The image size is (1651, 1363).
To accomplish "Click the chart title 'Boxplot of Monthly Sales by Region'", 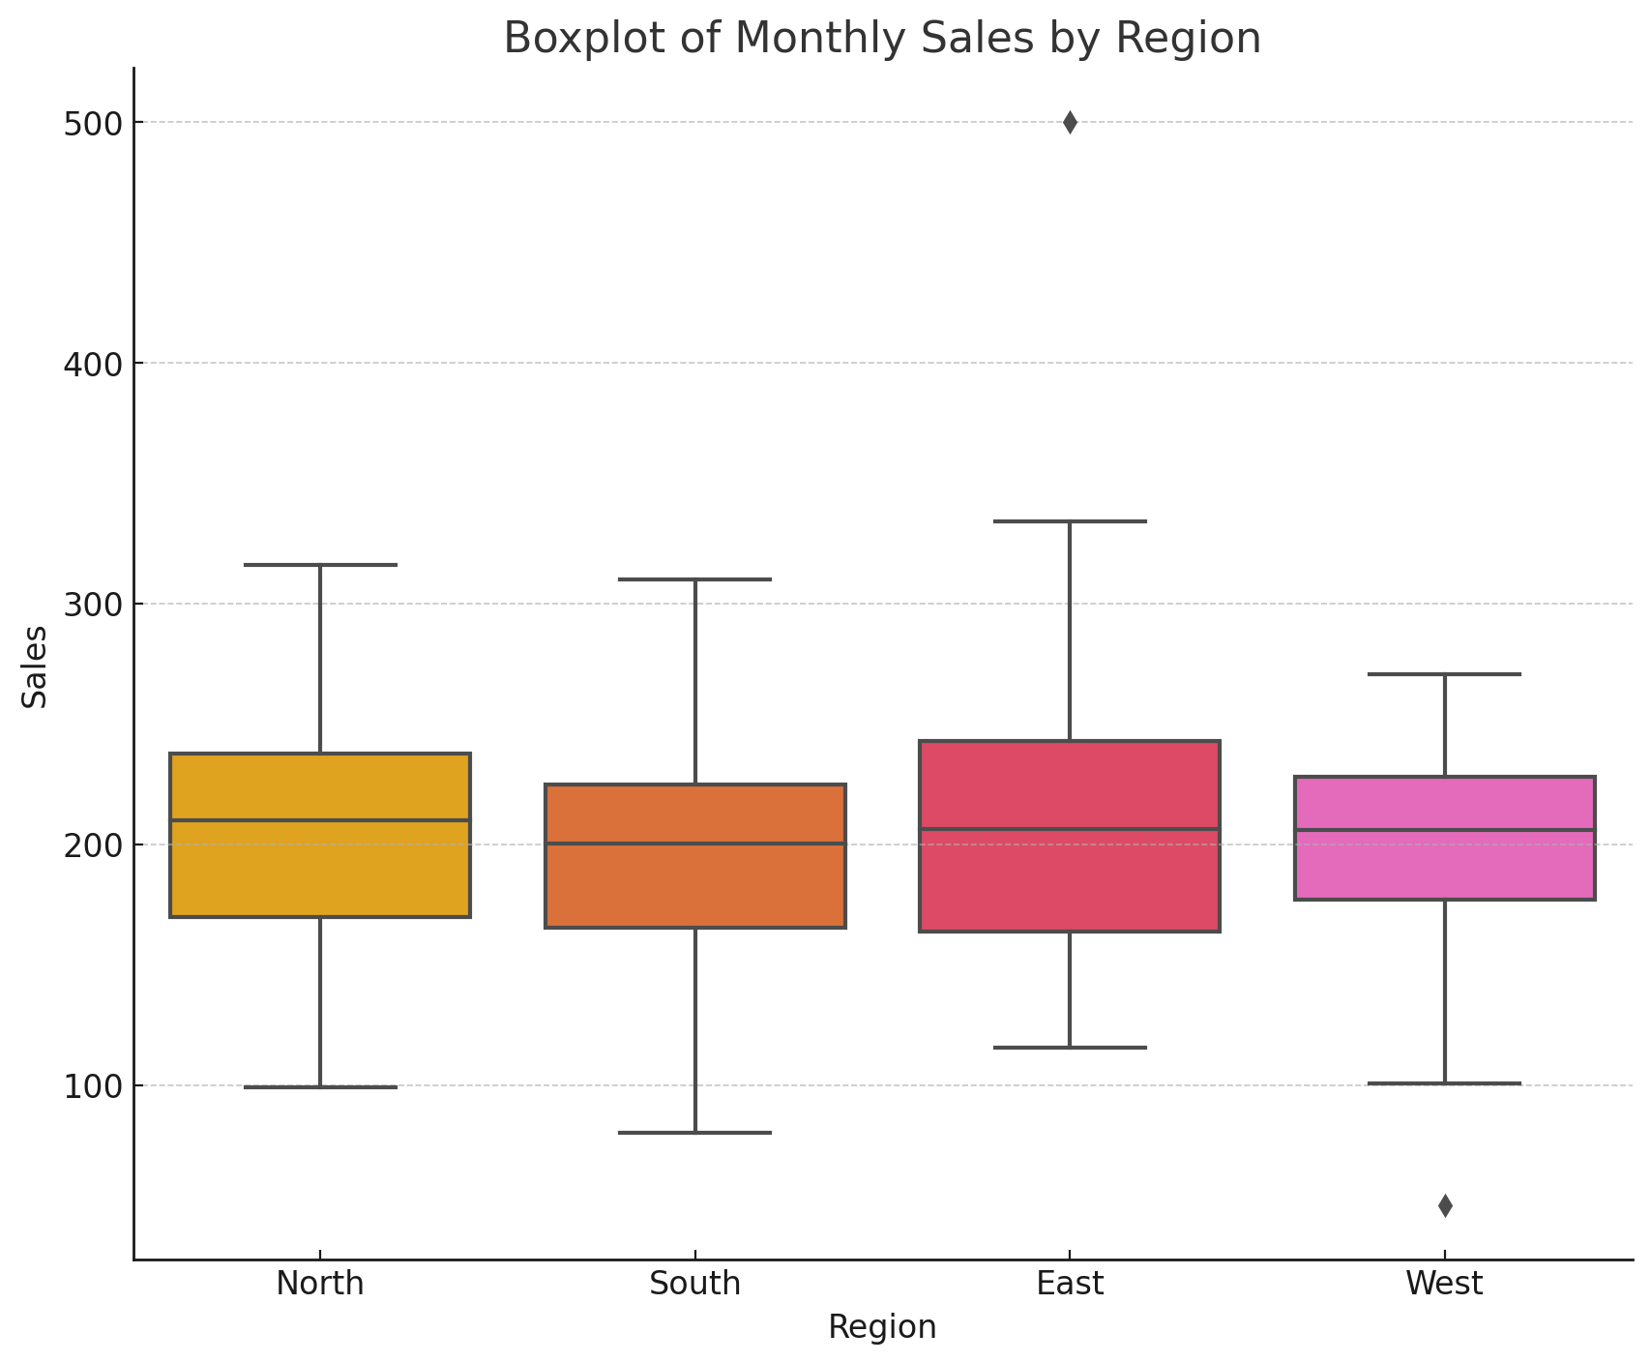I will click(x=882, y=39).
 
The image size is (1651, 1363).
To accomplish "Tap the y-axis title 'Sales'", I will click(x=36, y=667).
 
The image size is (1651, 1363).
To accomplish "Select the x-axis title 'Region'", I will click(x=882, y=1326).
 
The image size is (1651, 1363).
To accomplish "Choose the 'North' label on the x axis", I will click(x=320, y=1284).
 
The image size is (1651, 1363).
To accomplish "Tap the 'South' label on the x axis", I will click(x=695, y=1284).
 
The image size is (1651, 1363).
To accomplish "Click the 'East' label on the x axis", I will click(x=1070, y=1284).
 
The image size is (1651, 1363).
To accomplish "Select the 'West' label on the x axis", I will click(x=1444, y=1284).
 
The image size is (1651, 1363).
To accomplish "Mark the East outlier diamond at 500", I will click(x=1070, y=123).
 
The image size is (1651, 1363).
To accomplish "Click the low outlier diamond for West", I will click(x=1445, y=1205).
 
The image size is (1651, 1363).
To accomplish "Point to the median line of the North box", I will click(x=320, y=820).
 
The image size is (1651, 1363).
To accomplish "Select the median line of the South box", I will click(x=695, y=844).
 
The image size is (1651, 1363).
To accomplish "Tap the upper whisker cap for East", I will click(x=1070, y=521).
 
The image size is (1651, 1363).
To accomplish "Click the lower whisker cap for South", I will click(x=695, y=1132).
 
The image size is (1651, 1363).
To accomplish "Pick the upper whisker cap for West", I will click(x=1445, y=674).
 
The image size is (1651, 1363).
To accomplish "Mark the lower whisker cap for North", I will click(x=320, y=1087).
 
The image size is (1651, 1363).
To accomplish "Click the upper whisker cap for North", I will click(x=320, y=565).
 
